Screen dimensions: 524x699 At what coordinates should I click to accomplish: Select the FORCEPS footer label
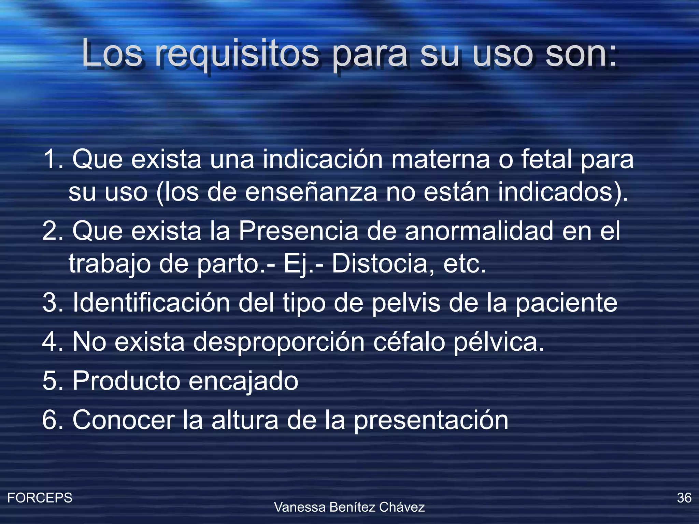coord(40,498)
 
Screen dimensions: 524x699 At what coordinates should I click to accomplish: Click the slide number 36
coord(684,498)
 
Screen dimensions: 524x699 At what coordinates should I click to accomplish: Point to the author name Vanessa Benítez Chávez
coord(349,507)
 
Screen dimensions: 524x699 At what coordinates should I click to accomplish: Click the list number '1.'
coord(53,159)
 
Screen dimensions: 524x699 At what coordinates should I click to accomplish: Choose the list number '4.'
coord(53,342)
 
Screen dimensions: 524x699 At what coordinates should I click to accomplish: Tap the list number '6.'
coord(53,420)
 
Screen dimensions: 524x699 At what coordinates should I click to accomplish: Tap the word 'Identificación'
coord(151,303)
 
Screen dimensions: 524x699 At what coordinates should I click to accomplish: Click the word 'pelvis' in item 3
coord(406,303)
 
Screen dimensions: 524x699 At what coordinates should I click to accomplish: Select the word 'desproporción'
coord(279,342)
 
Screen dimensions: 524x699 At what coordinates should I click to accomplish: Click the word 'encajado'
coord(243,381)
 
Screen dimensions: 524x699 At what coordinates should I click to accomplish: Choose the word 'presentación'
coord(431,421)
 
